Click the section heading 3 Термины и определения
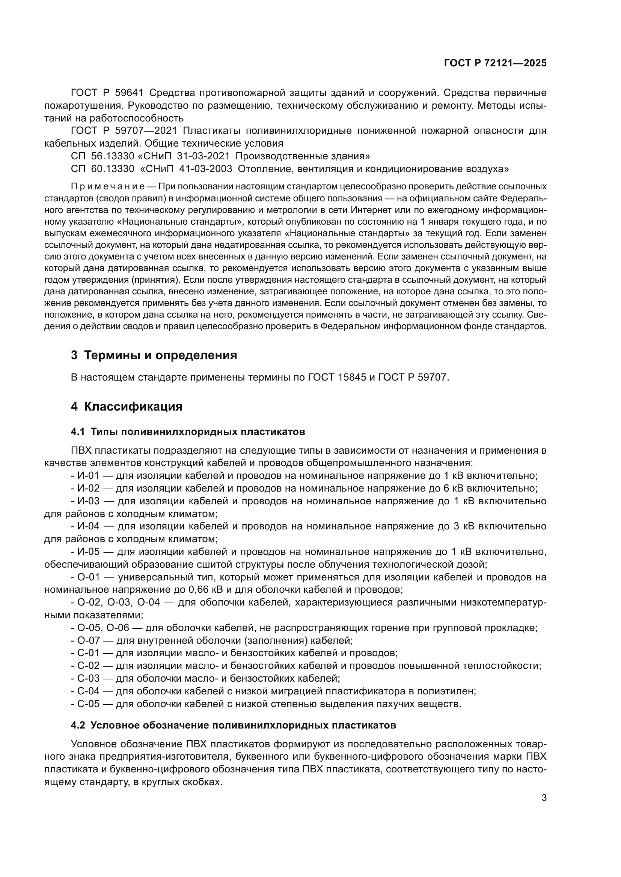[x=154, y=355]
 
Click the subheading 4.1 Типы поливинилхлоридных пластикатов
[x=188, y=432]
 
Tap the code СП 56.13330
[x=102, y=156]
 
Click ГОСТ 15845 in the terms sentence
[x=334, y=378]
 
